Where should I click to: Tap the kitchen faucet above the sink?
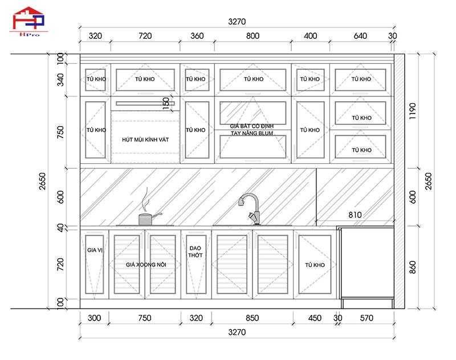249,208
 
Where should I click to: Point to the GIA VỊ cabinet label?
95,250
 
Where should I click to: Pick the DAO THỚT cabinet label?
196,252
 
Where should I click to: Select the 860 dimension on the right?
413,266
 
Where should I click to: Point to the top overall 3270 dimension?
237,22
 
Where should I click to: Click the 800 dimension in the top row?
253,36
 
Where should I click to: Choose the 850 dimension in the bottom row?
252,318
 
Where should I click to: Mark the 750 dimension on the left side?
61,132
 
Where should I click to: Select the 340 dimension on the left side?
61,80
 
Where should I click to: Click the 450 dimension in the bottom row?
314,318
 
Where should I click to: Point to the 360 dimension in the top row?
197,36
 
